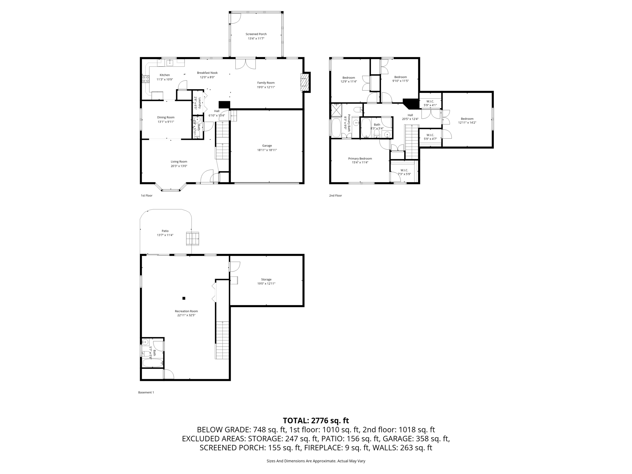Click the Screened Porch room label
click(256, 34)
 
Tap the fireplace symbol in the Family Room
click(305, 82)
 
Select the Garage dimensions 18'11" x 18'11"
click(267, 150)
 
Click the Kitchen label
click(164, 75)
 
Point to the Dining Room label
click(166, 117)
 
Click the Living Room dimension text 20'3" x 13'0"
click(179, 166)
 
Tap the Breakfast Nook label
click(207, 73)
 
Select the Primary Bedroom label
click(360, 159)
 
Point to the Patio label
click(165, 231)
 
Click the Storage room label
click(266, 280)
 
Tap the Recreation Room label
click(186, 311)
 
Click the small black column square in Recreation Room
click(184, 298)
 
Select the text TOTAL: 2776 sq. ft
click(316, 421)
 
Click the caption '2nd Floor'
click(335, 196)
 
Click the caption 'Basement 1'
click(146, 393)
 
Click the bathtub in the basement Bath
click(152, 363)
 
